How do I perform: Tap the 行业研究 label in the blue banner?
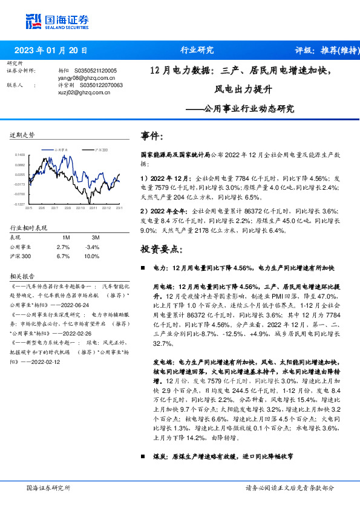[x=197, y=50]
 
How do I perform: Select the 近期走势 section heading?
[x=22, y=135]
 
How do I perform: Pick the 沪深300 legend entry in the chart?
[x=100, y=149]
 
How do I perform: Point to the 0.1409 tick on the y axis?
[x=20, y=155]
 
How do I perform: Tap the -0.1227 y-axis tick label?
[x=20, y=204]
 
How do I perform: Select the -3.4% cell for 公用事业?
[x=92, y=247]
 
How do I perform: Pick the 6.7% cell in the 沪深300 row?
[x=63, y=256]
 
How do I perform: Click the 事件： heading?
[x=152, y=136]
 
